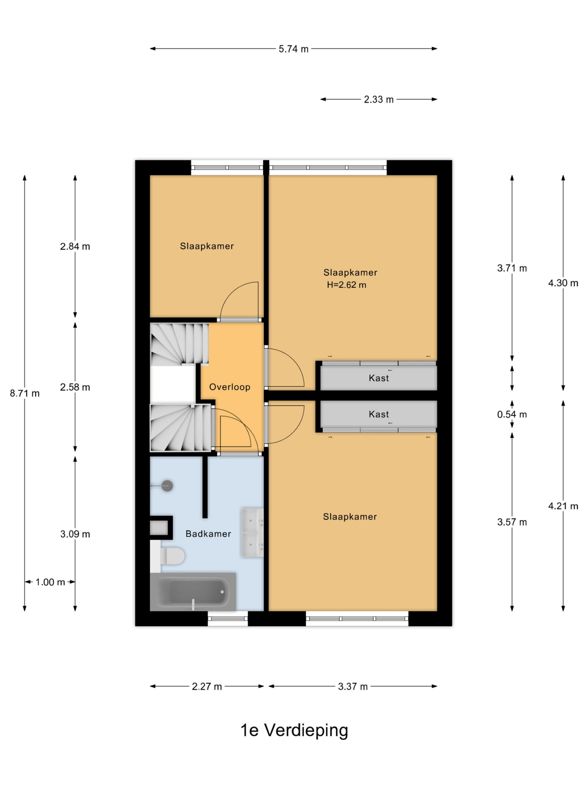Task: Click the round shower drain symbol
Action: click(x=167, y=486)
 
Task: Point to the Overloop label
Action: click(x=230, y=387)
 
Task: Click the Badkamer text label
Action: click(x=208, y=534)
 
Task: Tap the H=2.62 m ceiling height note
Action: click(x=346, y=285)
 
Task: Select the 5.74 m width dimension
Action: click(x=293, y=49)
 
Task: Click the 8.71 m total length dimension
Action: click(x=24, y=393)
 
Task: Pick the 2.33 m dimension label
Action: click(x=379, y=99)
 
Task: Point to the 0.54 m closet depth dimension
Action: click(x=512, y=414)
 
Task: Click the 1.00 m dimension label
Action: click(x=50, y=582)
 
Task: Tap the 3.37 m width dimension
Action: click(x=353, y=686)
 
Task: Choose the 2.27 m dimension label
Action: click(x=207, y=686)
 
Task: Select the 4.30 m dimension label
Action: click(x=563, y=283)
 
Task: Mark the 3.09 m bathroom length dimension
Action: click(x=75, y=534)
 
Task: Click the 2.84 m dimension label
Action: click(x=75, y=246)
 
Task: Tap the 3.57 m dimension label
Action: click(x=512, y=522)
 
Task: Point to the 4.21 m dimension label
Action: click(x=563, y=506)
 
